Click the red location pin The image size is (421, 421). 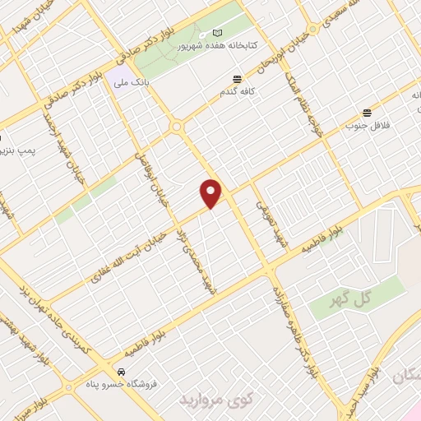211,194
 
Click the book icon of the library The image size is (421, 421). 217,31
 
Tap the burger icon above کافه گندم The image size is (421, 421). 237,80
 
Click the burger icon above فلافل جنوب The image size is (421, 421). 367,112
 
